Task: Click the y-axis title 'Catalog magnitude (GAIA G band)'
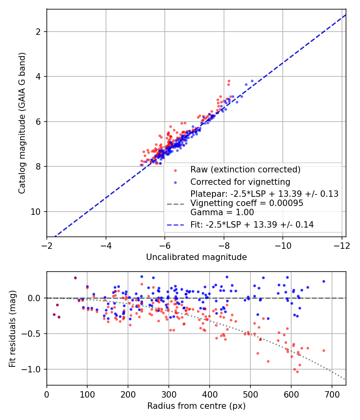coord(22,123)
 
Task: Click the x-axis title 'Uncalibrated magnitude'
coord(196,257)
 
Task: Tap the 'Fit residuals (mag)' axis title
coord(12,329)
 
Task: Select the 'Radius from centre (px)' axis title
coord(196,406)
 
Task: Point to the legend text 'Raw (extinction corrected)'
coord(245,170)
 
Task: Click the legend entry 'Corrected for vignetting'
coord(240,182)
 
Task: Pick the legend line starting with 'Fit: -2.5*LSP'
coord(252,224)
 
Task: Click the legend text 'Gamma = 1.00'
coord(222,212)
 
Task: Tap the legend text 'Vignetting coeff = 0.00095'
coord(247,203)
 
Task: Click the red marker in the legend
coord(176,170)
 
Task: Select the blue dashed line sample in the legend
coord(176,225)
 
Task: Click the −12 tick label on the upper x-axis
coord(342,246)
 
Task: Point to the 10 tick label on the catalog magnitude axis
coord(35,212)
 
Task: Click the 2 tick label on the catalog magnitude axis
coord(38,32)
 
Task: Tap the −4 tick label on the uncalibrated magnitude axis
coord(106,246)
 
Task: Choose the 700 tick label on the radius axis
coord(332,394)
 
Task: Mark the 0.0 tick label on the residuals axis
coord(34,298)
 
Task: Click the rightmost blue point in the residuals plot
coord(324,281)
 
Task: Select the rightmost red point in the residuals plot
coord(324,350)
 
